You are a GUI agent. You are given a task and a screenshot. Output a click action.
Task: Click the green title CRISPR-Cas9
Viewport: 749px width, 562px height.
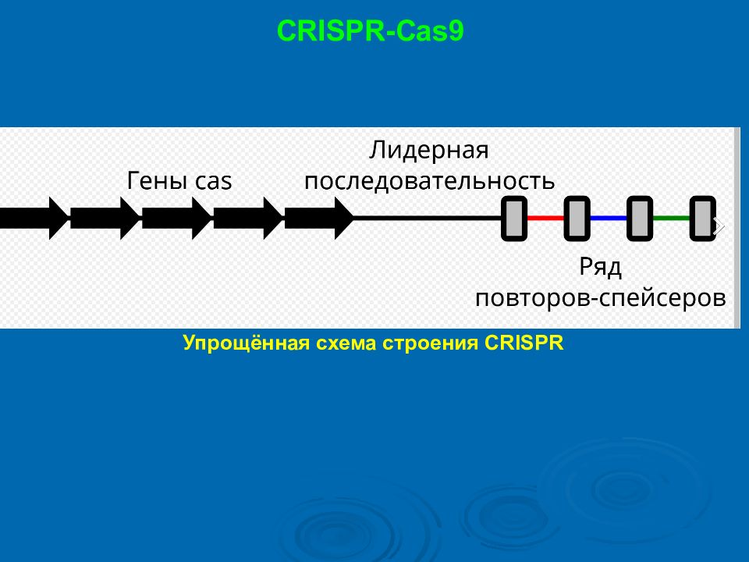[x=370, y=31]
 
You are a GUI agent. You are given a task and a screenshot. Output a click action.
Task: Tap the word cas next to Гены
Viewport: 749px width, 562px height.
[x=213, y=182]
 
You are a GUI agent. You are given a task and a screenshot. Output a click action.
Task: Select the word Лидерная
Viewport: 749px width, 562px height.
[x=429, y=150]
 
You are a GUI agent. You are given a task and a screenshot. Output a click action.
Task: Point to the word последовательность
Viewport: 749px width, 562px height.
[x=429, y=182]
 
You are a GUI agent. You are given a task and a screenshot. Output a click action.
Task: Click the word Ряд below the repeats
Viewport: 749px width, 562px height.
[x=601, y=267]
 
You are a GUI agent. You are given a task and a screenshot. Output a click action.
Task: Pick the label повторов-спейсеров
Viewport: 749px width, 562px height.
[x=601, y=298]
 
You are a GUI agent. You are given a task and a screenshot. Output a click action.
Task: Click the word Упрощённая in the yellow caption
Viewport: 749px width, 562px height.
[x=246, y=343]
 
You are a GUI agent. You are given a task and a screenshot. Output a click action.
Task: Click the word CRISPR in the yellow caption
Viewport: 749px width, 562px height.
[x=524, y=343]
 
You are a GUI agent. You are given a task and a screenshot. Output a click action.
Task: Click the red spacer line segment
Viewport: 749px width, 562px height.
[x=545, y=219]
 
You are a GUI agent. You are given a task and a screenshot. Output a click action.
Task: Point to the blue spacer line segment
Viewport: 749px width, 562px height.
[x=608, y=219]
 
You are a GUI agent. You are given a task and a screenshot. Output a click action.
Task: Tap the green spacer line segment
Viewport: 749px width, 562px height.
[x=671, y=219]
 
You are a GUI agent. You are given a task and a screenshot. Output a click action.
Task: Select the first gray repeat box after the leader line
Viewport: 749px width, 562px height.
[x=514, y=219]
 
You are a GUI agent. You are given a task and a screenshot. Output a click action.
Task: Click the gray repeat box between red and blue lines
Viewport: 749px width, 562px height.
[x=577, y=219]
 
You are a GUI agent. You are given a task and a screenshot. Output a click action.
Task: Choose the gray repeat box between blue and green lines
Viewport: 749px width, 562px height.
[x=640, y=219]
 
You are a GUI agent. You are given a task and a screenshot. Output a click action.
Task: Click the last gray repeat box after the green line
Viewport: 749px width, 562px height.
[x=703, y=219]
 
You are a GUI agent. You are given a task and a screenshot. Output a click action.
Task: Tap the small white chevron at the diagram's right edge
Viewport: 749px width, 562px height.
[x=719, y=226]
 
